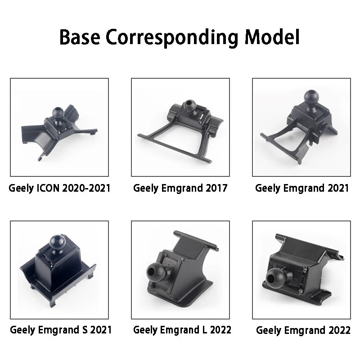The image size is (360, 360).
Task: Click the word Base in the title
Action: tap(80, 37)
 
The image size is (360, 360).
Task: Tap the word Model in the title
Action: tap(272, 37)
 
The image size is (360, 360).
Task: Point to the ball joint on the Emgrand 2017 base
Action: tap(190, 105)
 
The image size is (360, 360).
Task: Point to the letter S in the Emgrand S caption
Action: tap(85, 330)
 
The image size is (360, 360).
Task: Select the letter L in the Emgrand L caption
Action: tap(205, 330)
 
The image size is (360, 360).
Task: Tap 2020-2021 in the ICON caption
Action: tap(86, 188)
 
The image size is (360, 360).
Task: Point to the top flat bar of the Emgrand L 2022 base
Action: tap(196, 240)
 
